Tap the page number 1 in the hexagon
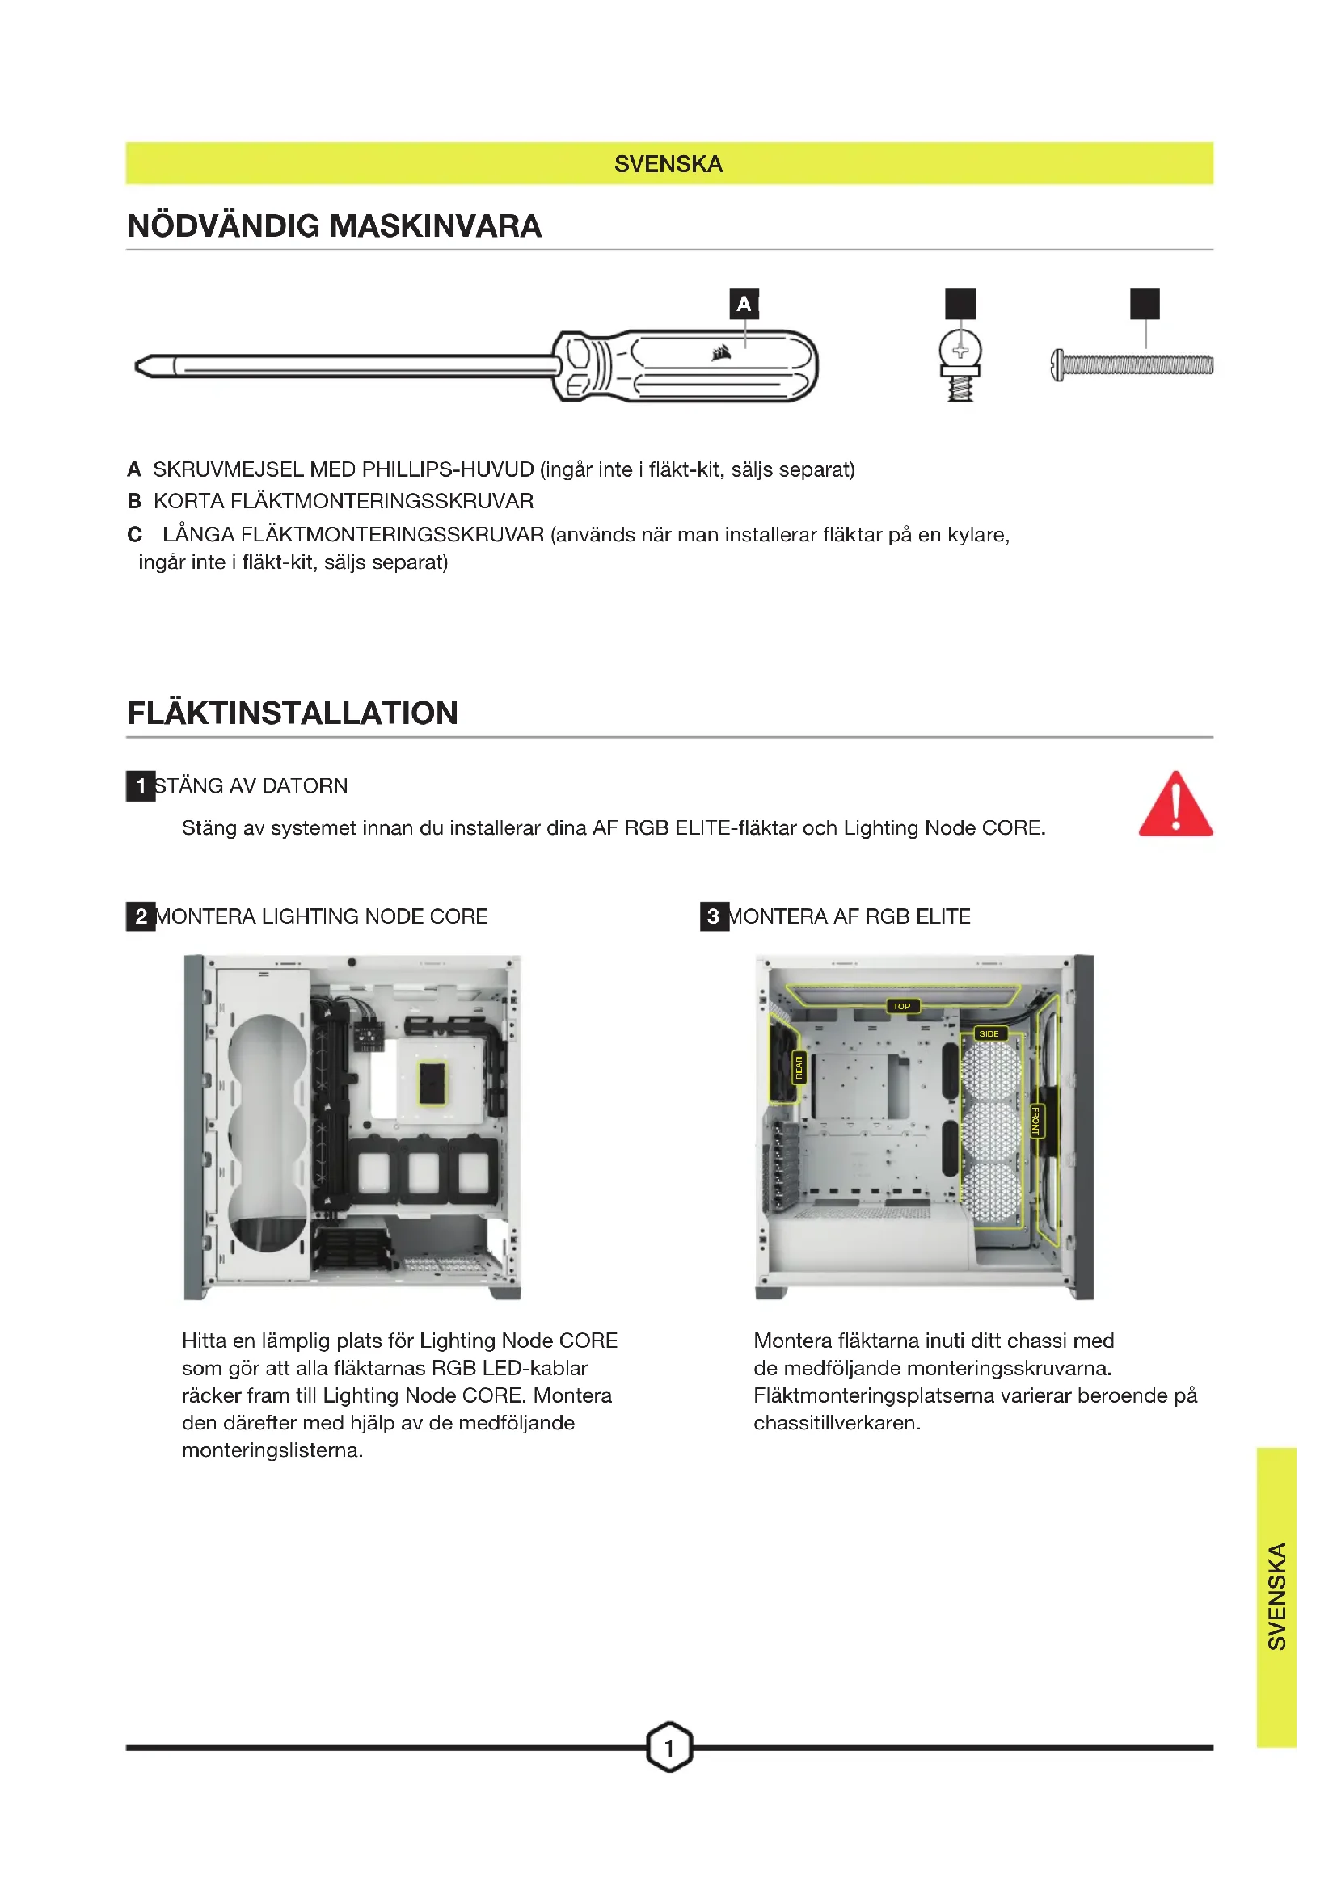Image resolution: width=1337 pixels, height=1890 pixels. pos(668,1747)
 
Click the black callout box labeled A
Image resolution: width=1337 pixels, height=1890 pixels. pos(744,304)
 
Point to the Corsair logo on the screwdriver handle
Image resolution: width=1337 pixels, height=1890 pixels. pos(721,353)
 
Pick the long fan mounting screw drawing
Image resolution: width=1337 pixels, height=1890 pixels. pos(1132,364)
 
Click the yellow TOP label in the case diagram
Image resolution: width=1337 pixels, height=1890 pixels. pos(901,1006)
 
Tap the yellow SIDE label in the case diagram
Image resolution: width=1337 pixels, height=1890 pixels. pos(989,1034)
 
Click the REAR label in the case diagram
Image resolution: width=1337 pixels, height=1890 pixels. pos(798,1067)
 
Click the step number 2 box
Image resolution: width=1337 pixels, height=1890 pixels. pos(141,916)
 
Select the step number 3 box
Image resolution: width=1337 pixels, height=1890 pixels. pos(714,916)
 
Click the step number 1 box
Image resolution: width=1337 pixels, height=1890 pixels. pos(141,785)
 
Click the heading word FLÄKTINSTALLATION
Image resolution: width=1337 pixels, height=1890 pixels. pos(293,713)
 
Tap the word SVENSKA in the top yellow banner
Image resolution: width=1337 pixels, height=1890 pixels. pos(668,164)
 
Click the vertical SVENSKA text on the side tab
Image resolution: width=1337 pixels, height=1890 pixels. pos(1276,1596)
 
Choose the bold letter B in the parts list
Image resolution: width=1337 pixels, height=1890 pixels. pos(134,501)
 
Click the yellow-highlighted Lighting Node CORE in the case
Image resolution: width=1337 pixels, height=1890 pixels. pos(432,1083)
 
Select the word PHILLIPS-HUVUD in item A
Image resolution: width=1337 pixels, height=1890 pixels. pos(448,469)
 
